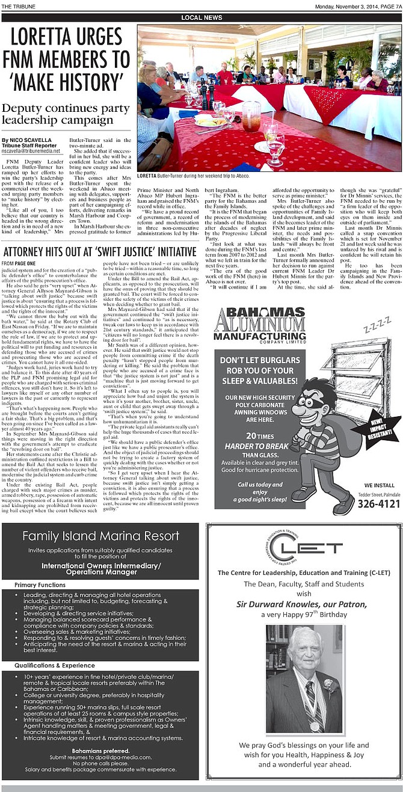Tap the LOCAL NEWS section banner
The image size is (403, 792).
pos(201,18)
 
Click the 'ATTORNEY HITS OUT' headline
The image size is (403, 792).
pos(99,252)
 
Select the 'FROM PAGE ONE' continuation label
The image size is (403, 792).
pos(19,264)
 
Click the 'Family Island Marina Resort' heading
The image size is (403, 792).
pos(100,536)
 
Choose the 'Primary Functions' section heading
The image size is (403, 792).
pos(40,585)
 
